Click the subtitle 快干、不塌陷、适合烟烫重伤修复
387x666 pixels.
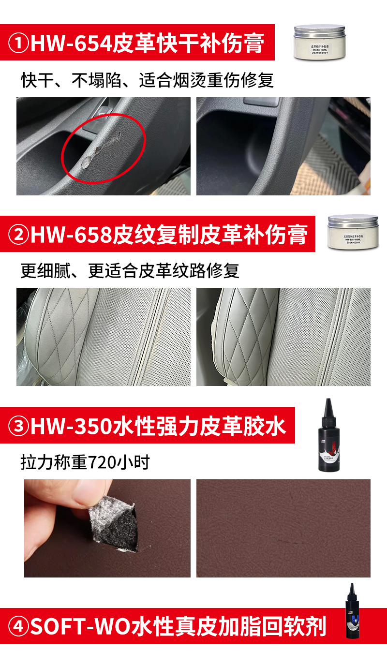coord(148,80)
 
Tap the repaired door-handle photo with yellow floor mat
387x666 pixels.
coord(283,146)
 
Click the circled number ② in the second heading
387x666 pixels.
coord(19,235)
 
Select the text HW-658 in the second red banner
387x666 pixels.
coord(71,235)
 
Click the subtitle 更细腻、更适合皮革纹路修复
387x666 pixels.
coord(130,271)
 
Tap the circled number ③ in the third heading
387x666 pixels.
coord(19,426)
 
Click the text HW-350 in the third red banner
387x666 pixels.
coord(71,426)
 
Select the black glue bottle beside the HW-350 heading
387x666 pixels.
coord(329,435)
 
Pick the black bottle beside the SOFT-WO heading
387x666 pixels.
coord(353,611)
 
